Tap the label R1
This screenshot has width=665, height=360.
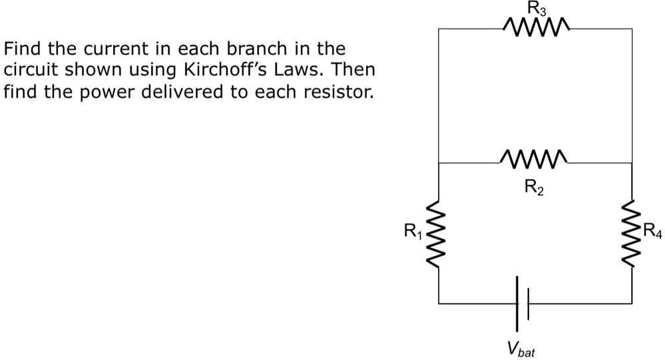point(413,232)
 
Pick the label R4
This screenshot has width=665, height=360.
point(653,232)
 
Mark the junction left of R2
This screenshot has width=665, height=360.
point(439,162)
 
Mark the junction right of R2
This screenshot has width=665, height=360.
point(631,162)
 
